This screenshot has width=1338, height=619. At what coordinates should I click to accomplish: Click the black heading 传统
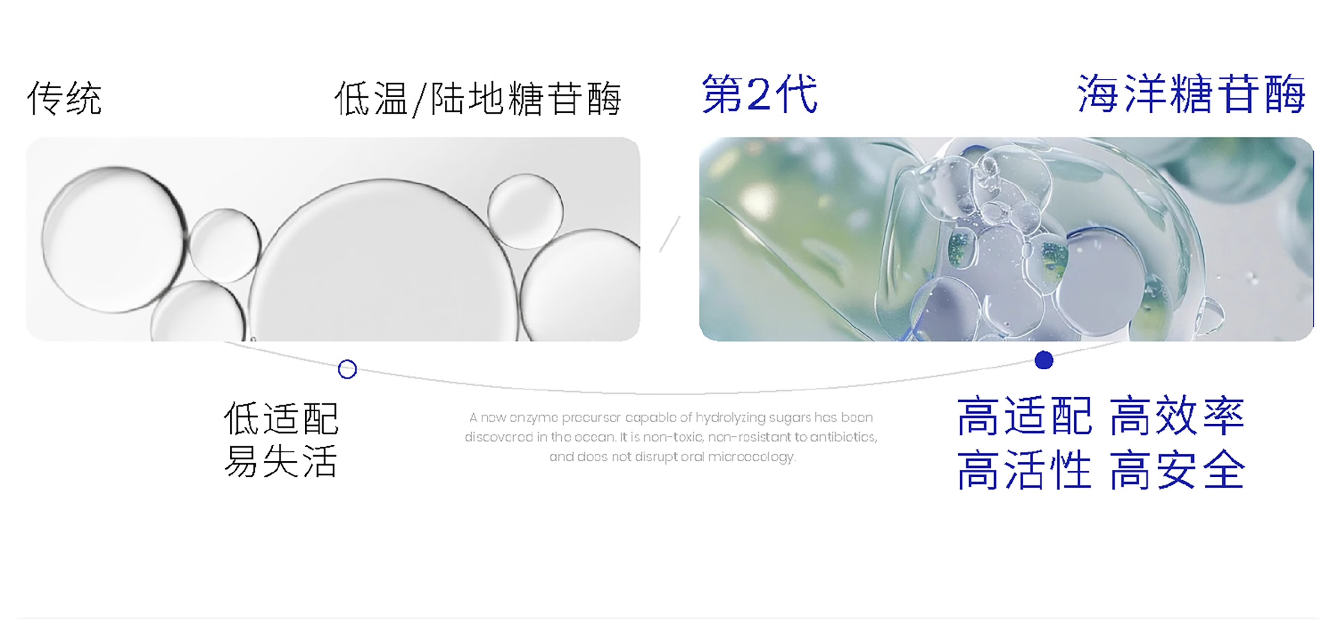tap(64, 98)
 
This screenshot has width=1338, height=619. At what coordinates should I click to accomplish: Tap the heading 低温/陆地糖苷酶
tap(478, 98)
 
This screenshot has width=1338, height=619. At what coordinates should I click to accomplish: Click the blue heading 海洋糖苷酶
tap(1192, 93)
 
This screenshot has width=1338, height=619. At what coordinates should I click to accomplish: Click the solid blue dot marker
tap(1044, 360)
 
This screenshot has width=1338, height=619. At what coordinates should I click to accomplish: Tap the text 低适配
tap(281, 419)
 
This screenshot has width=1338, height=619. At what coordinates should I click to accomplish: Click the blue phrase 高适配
tap(1024, 416)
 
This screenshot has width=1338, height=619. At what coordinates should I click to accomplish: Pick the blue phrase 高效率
tap(1177, 416)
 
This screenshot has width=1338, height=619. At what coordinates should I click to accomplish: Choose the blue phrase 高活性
tap(1024, 470)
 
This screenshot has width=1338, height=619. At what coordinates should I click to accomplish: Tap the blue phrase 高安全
tap(1177, 470)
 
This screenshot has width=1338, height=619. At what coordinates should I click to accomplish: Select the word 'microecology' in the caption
tap(751, 457)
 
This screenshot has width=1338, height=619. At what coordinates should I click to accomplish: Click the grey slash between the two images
tap(670, 234)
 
